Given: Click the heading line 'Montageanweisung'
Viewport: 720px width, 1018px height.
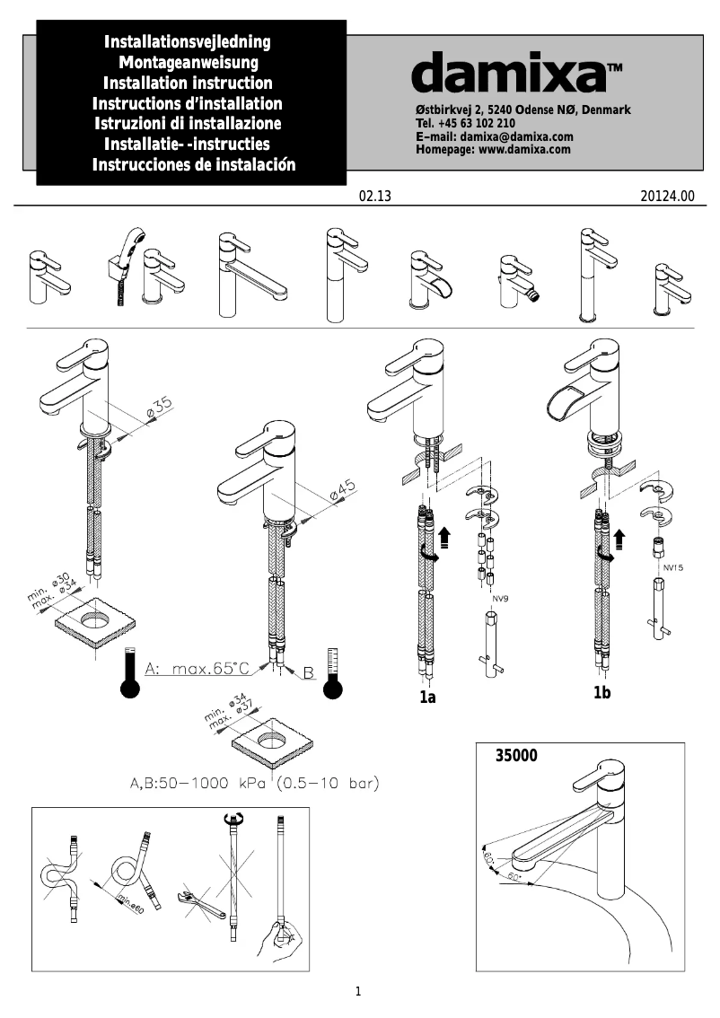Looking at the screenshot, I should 189,62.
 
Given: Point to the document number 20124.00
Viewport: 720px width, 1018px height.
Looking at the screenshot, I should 668,197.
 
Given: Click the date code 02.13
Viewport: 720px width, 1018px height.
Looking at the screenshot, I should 375,197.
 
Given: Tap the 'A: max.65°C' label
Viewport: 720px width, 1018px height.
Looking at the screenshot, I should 197,669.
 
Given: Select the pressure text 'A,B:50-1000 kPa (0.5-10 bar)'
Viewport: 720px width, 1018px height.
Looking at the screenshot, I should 249,784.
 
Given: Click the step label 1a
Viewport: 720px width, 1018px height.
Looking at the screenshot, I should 427,698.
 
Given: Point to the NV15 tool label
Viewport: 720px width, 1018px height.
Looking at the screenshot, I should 673,568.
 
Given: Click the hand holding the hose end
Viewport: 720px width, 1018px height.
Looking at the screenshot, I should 285,943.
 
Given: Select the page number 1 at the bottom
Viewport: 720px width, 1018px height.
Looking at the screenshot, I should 358,992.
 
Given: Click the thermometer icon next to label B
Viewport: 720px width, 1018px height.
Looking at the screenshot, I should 334,673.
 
